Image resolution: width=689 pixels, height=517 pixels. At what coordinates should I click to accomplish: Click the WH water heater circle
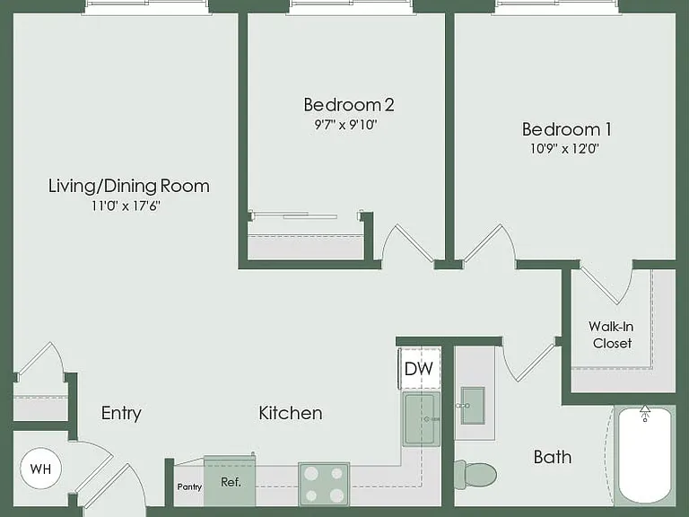[x=41, y=469]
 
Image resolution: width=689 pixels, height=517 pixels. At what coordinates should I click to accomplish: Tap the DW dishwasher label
[x=418, y=369]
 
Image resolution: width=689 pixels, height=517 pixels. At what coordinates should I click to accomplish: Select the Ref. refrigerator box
[x=230, y=481]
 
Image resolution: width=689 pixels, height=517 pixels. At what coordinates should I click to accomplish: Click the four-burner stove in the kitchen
[x=324, y=484]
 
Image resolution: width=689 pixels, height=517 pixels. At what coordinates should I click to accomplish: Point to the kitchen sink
[x=422, y=419]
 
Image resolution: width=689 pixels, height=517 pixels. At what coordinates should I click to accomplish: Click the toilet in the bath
[x=475, y=475]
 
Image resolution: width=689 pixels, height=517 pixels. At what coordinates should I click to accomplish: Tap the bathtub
[x=645, y=455]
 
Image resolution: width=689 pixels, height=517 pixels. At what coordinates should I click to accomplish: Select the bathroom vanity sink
[x=473, y=406]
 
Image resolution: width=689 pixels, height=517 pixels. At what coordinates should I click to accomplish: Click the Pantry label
[x=189, y=487]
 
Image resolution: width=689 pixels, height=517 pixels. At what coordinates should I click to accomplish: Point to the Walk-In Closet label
[x=612, y=335]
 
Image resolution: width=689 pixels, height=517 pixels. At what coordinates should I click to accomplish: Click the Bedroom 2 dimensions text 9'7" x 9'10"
[x=346, y=125]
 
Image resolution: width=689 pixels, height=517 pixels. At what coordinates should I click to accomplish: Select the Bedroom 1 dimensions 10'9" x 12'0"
[x=564, y=149]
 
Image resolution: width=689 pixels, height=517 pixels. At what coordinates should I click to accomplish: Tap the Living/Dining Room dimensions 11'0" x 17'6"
[x=126, y=206]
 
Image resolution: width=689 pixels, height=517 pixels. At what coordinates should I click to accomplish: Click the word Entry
[x=121, y=413]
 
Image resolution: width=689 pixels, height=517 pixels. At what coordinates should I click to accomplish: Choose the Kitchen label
[x=291, y=413]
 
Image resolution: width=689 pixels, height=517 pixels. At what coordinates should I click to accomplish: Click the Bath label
[x=553, y=457]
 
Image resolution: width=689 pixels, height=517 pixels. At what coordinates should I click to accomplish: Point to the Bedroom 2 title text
[x=349, y=105]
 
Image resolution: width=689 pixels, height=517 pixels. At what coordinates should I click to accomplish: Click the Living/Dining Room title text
[x=129, y=186]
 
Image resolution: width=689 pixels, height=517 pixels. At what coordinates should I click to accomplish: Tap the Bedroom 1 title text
[x=566, y=129]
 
